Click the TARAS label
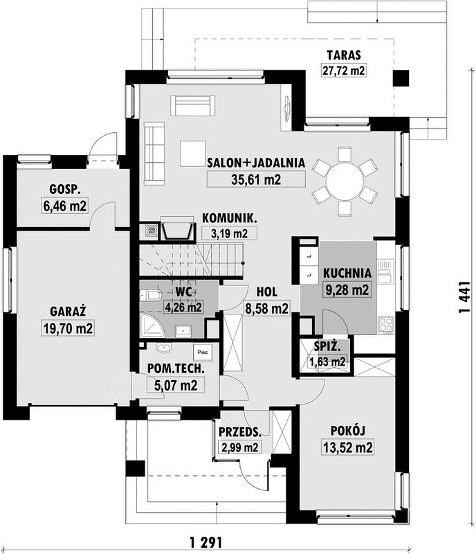click(344, 55)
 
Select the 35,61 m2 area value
click(256, 179)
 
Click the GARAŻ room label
click(68, 312)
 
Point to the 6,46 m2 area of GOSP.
click(64, 206)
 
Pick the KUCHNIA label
click(347, 273)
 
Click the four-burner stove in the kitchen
click(385, 325)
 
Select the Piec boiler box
click(203, 352)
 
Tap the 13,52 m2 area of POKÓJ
click(348, 447)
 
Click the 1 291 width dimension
click(206, 542)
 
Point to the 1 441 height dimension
click(465, 297)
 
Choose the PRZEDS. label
click(240, 431)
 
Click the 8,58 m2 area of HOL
click(267, 308)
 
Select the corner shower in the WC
click(152, 324)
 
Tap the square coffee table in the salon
click(193, 153)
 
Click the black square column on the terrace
click(401, 78)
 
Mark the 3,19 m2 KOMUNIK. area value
click(230, 233)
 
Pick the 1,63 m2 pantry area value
click(327, 361)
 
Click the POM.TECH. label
click(176, 369)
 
